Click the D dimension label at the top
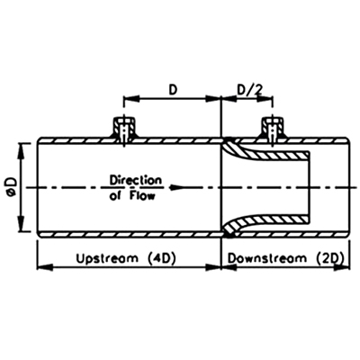pos(172,89)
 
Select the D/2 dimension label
pos(249,89)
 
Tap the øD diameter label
pos(13,188)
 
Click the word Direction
pos(136,181)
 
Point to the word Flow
pos(142,196)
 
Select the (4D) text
pos(161,258)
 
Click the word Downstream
pos(267,258)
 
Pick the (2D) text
pos(329,258)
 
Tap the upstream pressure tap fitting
pos(124,128)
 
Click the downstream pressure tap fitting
pos(272,128)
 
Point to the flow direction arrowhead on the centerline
pos(176,188)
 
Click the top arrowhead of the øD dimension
pos(21,151)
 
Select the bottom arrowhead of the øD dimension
pos(21,224)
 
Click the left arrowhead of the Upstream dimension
pos(44,267)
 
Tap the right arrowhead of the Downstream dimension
pos(342,267)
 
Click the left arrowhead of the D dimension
pos(131,99)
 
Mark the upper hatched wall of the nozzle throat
pos(267,153)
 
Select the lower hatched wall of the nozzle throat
pos(267,222)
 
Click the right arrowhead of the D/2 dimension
pos(265,99)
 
